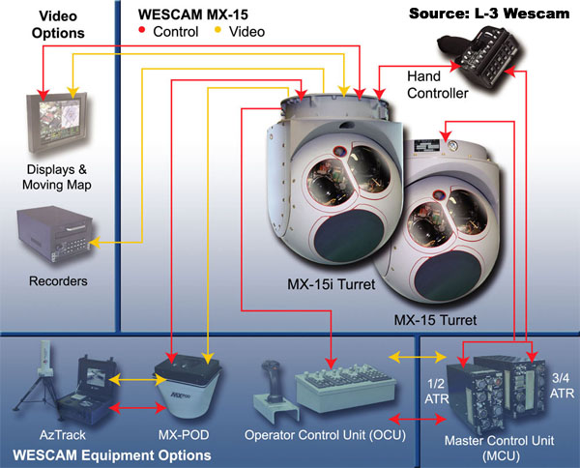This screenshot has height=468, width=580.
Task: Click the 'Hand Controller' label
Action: tap(438, 85)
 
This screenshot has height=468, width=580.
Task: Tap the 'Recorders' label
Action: tap(59, 281)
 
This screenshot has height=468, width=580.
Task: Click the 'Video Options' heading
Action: tap(57, 25)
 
